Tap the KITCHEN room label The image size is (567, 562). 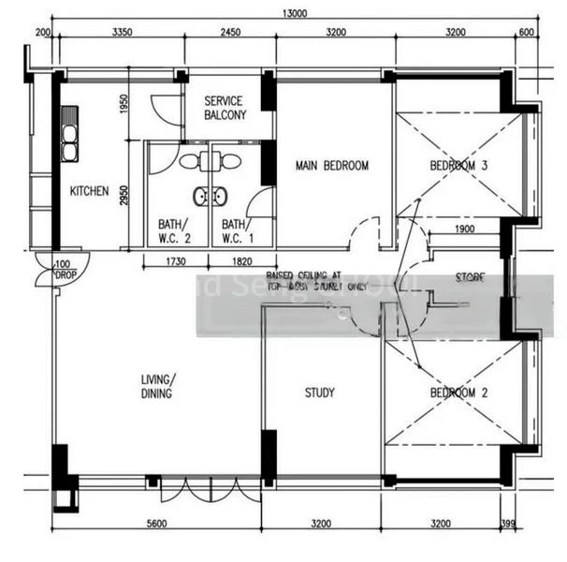click(x=89, y=191)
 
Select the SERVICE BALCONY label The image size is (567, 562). click(x=225, y=108)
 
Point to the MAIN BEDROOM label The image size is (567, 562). click(x=331, y=166)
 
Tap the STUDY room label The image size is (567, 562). click(x=319, y=393)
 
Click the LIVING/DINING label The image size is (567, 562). click(x=157, y=387)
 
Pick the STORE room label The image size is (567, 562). click(x=469, y=277)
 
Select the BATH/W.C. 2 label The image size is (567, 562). click(x=173, y=231)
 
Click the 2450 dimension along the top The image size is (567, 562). click(x=230, y=32)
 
